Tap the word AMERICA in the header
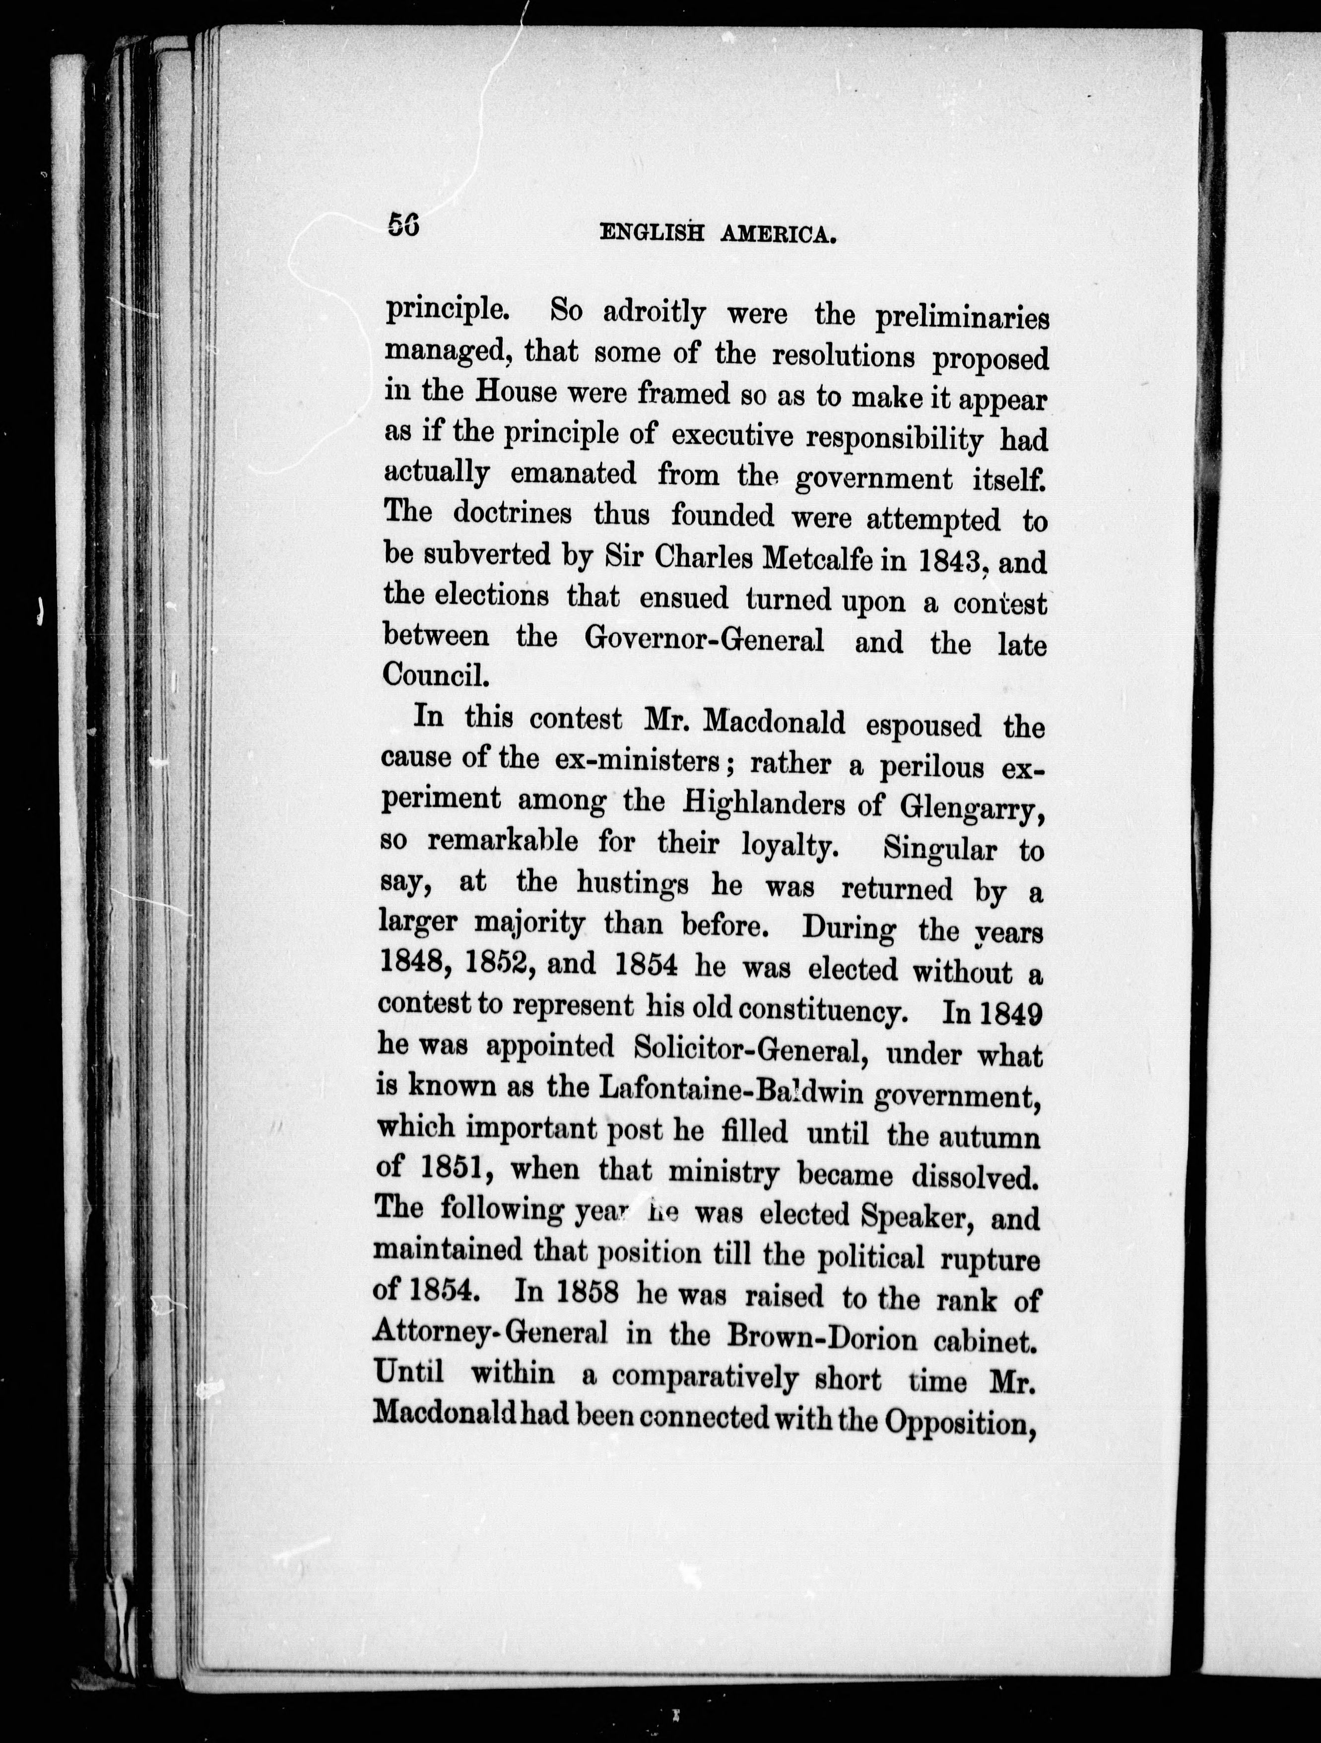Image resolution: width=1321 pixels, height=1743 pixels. point(778,235)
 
